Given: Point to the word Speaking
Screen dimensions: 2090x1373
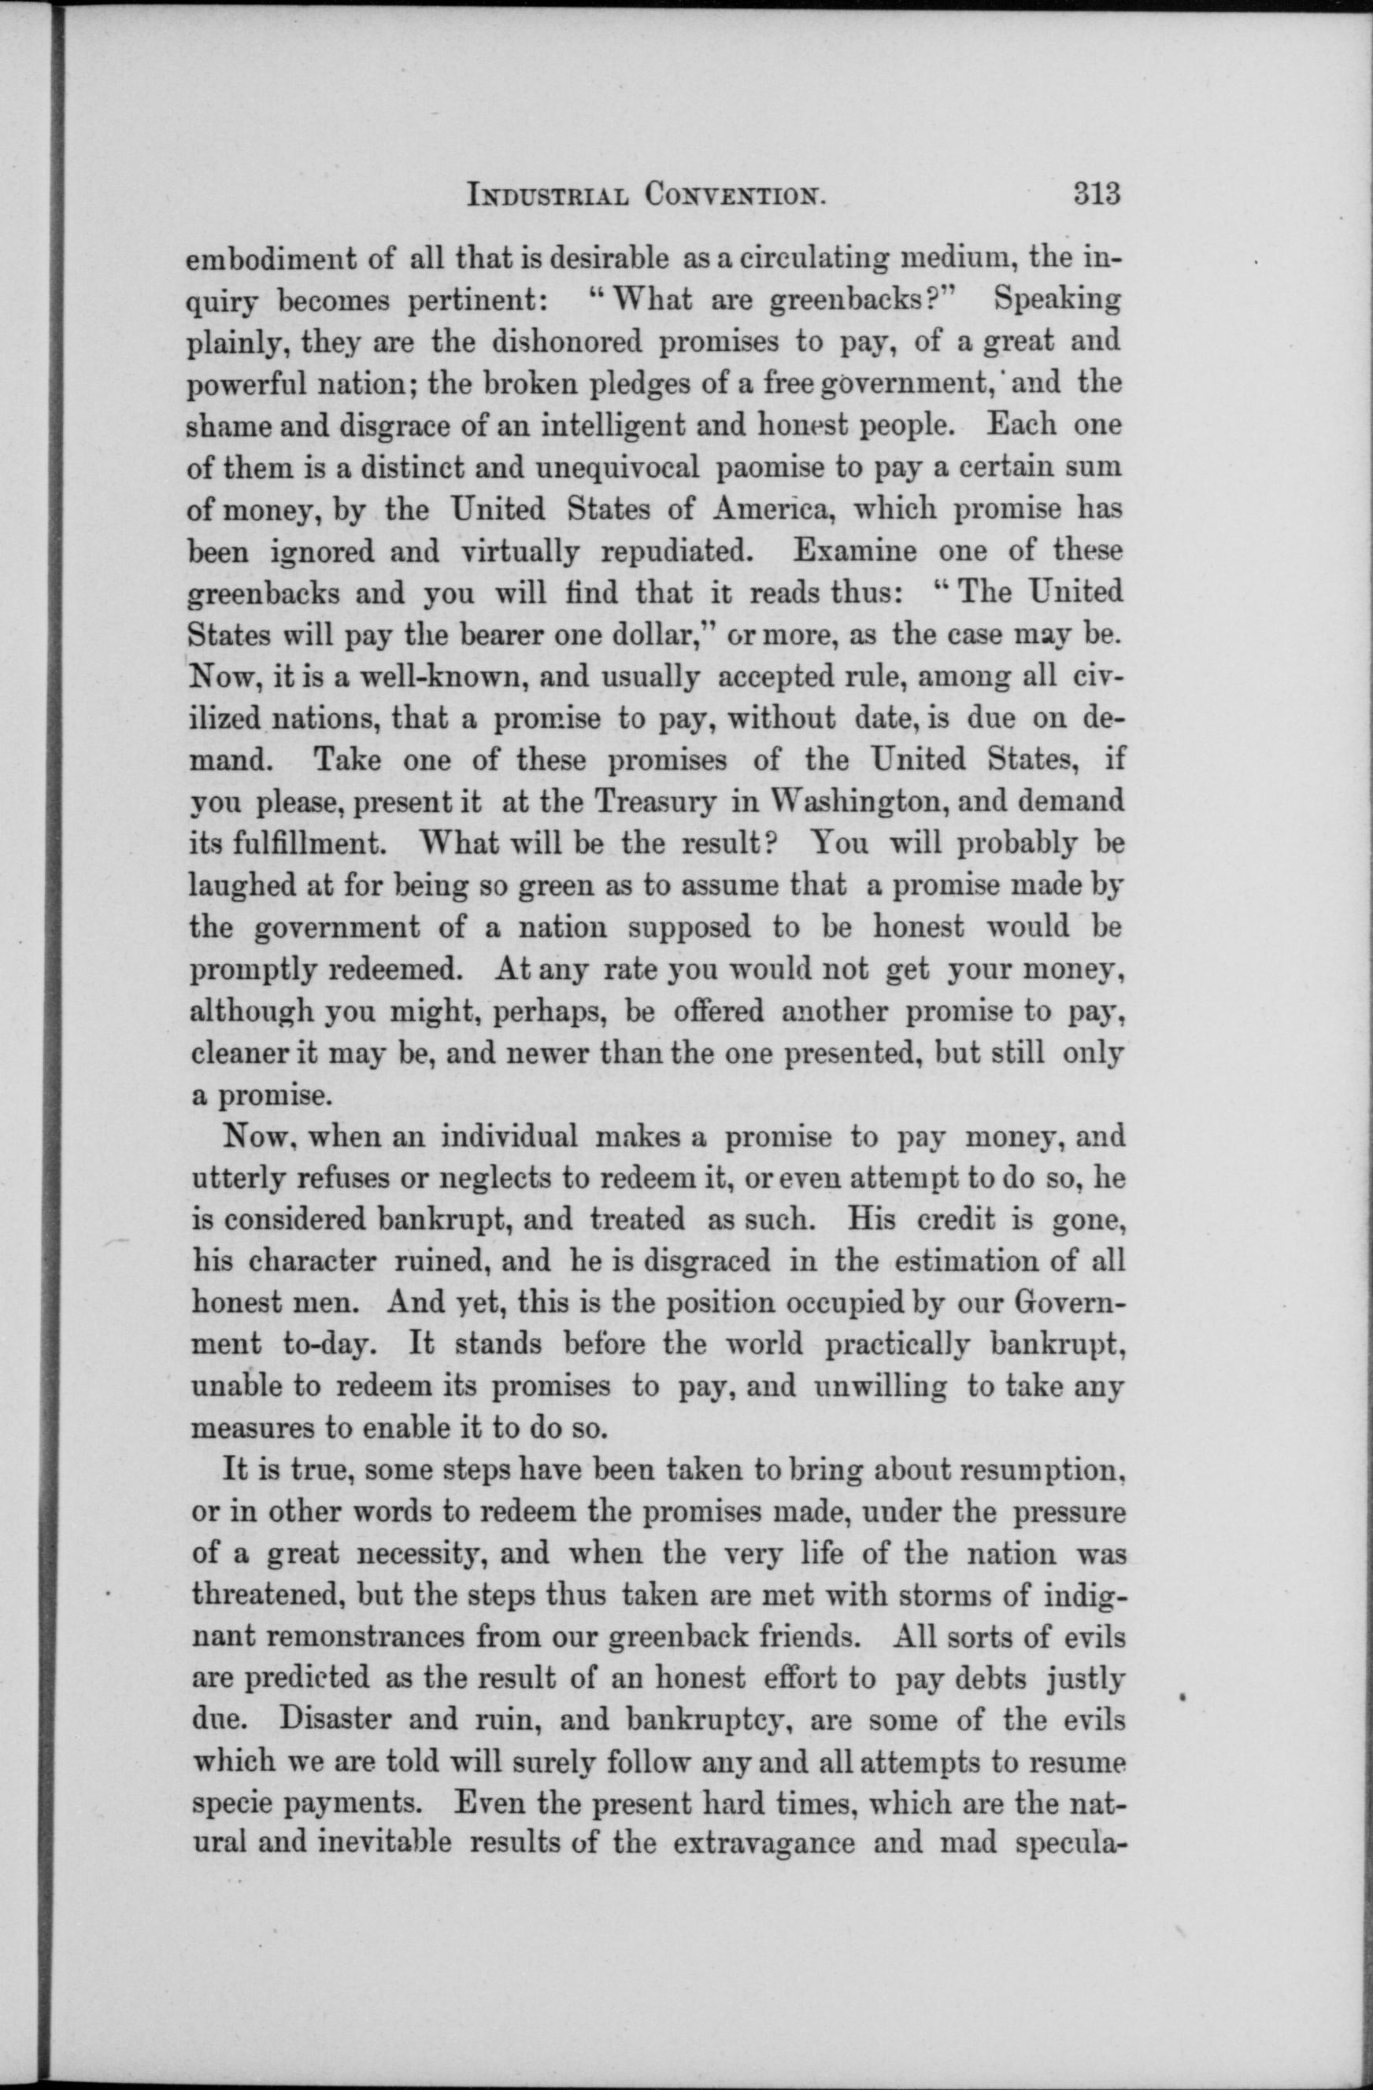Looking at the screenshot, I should click(1057, 301).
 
